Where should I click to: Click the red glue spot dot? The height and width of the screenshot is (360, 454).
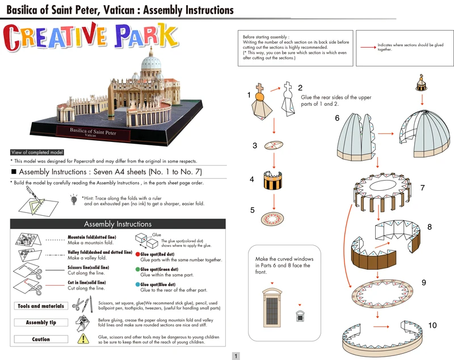pos(137,256)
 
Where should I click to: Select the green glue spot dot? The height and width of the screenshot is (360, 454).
pos(137,269)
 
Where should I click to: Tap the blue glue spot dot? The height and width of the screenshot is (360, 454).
pos(137,284)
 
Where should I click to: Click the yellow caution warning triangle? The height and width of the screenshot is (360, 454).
pos(83,338)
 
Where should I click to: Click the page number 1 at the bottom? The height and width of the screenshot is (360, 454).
pos(236,355)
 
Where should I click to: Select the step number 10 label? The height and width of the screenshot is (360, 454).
pos(432,325)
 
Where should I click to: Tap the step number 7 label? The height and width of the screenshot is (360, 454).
pos(422,187)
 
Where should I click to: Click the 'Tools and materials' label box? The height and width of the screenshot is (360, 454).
pos(40,306)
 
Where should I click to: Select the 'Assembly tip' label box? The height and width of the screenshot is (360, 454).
pos(40,323)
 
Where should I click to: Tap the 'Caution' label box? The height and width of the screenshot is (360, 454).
pos(40,339)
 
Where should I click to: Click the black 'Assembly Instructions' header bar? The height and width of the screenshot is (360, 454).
pos(117,224)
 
